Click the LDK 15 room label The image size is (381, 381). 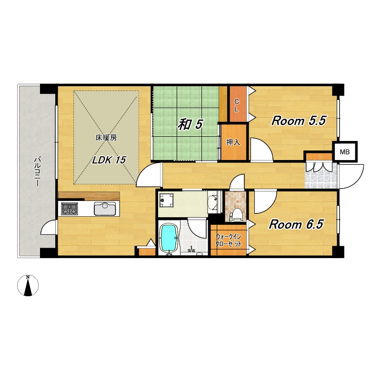[109, 160]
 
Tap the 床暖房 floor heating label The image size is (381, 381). [106, 138]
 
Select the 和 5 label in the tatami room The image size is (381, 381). [190, 124]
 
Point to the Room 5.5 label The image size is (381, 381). [299, 120]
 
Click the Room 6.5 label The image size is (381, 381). [296, 224]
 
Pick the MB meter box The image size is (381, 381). [345, 152]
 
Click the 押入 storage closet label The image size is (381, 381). [233, 142]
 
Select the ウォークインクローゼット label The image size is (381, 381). [229, 240]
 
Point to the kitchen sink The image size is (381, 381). [105, 209]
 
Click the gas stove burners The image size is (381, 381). [70, 209]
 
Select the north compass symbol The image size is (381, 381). [28, 285]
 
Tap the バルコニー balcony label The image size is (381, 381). [37, 172]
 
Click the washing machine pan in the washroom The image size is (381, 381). [166, 201]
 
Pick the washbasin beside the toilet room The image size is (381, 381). [213, 202]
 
